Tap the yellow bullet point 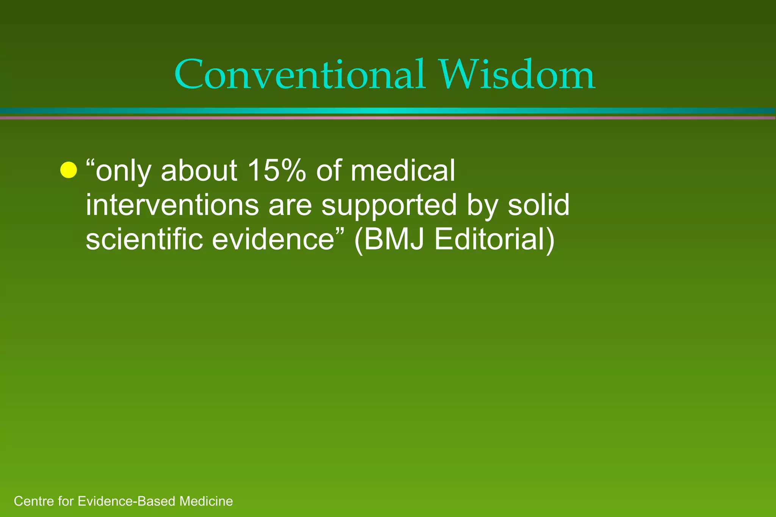(x=69, y=170)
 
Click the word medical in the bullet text (x=402, y=170)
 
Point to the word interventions (x=172, y=205)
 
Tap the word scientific (x=144, y=239)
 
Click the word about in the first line (x=199, y=170)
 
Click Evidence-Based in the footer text (x=127, y=501)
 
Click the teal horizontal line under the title (x=388, y=111)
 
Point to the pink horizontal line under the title (x=388, y=118)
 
